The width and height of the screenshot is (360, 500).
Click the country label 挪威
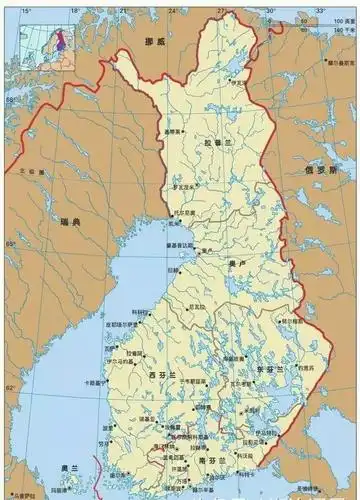point(154,40)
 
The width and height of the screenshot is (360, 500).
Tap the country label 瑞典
point(71,221)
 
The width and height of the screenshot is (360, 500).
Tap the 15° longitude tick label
point(27,10)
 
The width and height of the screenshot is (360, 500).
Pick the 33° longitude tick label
point(320,10)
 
